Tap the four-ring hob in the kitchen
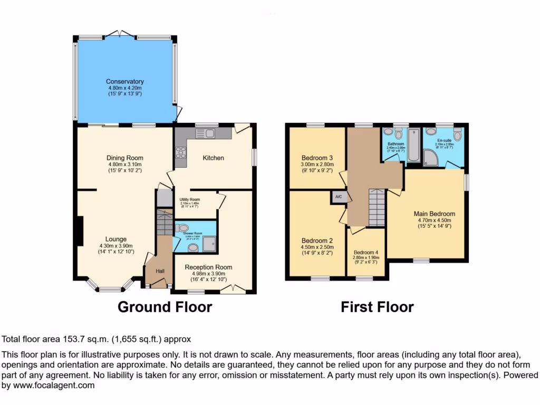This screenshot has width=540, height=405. click(x=180, y=153)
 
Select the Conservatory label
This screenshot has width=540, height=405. click(x=125, y=82)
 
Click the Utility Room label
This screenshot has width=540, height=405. click(x=189, y=199)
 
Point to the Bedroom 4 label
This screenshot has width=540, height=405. click(x=367, y=252)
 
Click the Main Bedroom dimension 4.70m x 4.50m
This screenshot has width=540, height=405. click(x=434, y=220)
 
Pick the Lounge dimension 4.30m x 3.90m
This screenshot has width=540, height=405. click(x=115, y=246)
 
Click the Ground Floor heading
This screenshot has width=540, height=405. click(x=165, y=307)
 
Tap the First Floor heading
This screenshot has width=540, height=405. click(x=377, y=307)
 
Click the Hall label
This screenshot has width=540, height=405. click(x=160, y=272)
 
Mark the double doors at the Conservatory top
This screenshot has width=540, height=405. click(x=121, y=34)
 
